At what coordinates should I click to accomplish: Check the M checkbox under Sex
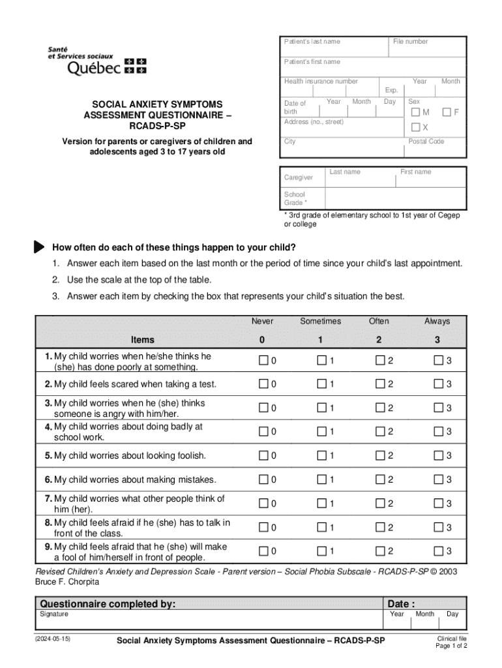[415, 113]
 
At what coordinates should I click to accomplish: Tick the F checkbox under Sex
[447, 113]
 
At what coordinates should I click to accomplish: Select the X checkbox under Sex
[415, 127]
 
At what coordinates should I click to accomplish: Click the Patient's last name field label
[312, 42]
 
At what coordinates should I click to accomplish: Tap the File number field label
[411, 42]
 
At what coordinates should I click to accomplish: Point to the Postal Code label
[426, 142]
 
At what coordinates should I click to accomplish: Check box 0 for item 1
[263, 361]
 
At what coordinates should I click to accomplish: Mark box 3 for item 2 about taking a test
[438, 384]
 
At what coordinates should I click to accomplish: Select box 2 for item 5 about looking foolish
[380, 455]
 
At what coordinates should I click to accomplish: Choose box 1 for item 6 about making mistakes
[321, 479]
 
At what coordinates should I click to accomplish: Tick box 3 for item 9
[438, 552]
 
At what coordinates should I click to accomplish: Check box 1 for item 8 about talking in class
[321, 527]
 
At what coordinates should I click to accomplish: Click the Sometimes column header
[320, 321]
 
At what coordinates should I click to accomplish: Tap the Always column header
[437, 321]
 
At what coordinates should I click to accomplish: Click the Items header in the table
[143, 339]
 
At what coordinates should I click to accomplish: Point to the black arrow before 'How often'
[39, 247]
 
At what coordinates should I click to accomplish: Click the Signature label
[54, 614]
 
